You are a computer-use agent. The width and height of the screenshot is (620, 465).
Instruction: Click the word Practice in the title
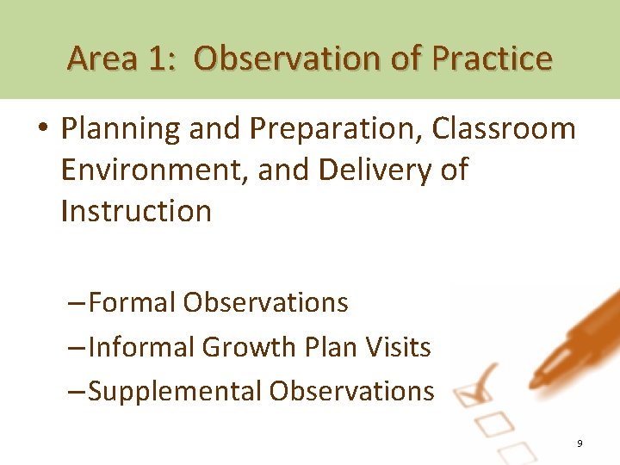pyautogui.click(x=493, y=59)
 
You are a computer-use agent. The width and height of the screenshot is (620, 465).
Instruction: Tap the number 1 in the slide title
pyautogui.click(x=158, y=59)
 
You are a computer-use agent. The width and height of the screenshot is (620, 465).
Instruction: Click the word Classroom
pyautogui.click(x=504, y=129)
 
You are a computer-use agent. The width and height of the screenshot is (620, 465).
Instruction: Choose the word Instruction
pyautogui.click(x=136, y=210)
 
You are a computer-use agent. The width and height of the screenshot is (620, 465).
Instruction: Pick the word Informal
pyautogui.click(x=141, y=347)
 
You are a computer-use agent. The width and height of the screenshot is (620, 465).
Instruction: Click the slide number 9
pyautogui.click(x=580, y=443)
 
